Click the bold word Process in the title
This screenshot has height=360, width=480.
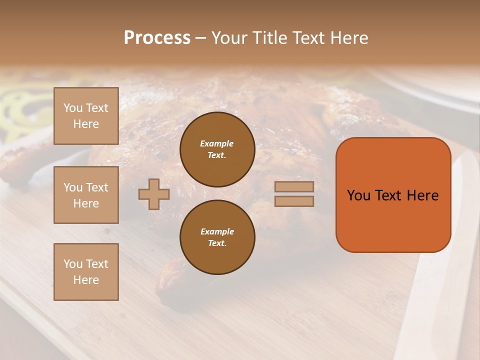[157, 38]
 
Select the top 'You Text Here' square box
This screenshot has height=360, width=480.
[86, 116]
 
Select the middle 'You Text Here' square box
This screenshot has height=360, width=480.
[86, 195]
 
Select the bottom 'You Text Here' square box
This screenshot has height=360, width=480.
[86, 272]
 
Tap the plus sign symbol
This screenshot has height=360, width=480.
[154, 194]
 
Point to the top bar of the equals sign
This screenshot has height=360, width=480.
[294, 186]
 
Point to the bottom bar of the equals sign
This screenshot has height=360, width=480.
[294, 201]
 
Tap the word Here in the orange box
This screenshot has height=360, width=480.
[423, 195]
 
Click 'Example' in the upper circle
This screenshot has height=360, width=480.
[217, 143]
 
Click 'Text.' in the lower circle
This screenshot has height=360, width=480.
[217, 243]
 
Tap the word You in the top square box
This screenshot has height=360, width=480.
[73, 108]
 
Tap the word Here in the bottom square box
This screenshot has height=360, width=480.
[86, 280]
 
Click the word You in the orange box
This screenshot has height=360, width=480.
[359, 195]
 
